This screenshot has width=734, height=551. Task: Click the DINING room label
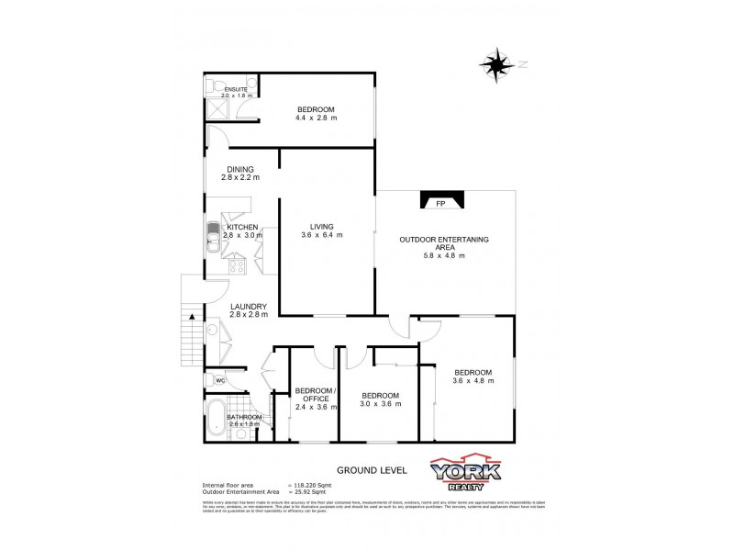239,169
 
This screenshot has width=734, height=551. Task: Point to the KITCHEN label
242,227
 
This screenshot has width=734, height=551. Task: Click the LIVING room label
321,227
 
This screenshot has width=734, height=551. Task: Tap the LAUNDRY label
248,307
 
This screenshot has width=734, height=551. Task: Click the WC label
220,380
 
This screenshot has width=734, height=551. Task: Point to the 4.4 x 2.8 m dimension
317,118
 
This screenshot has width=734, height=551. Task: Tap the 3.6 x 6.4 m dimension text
321,235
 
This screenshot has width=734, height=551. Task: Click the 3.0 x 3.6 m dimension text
380,404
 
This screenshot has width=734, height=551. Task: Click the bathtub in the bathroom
217,422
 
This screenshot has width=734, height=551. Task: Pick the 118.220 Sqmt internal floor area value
312,484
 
